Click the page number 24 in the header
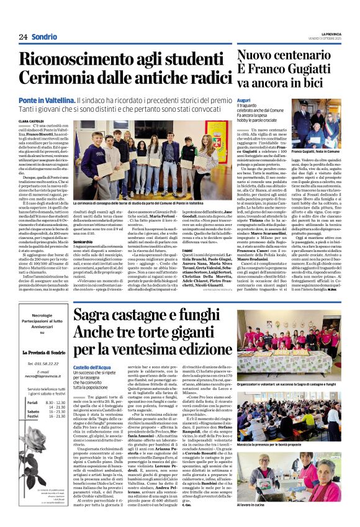[23, 37]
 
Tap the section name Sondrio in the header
[45, 37]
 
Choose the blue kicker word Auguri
[244, 99]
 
